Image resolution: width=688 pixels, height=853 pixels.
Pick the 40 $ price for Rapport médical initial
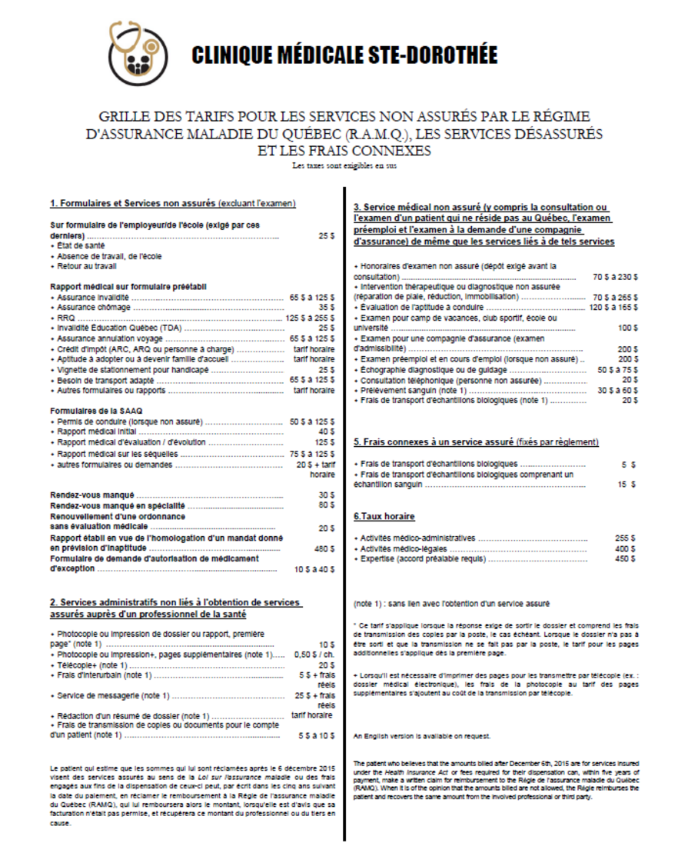tap(326, 431)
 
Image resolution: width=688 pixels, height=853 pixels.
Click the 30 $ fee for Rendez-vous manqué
tap(326, 495)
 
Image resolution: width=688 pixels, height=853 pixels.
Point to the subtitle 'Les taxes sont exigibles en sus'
tap(344, 165)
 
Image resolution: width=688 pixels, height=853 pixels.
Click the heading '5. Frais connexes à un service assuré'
tap(476, 442)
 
